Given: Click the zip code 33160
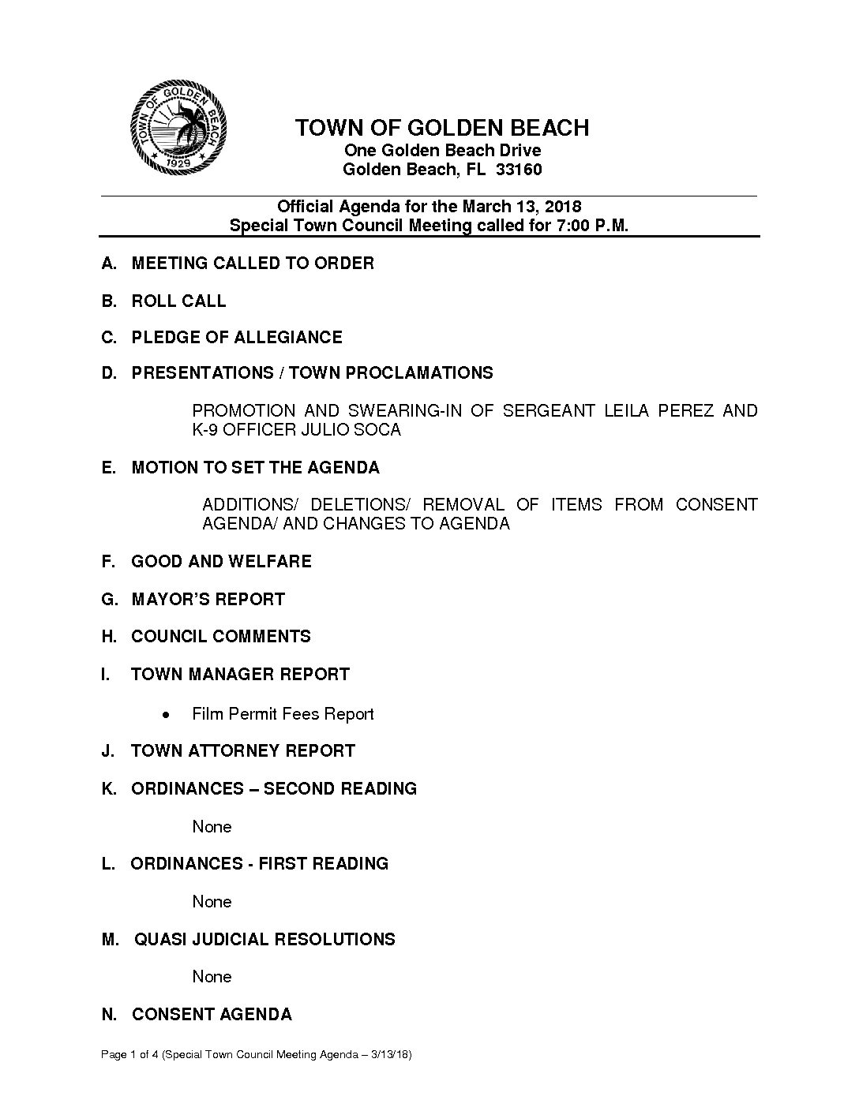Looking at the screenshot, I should coord(519,170).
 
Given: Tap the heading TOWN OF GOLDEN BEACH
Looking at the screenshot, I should coord(441,128).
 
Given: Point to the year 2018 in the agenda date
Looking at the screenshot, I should coord(562,207).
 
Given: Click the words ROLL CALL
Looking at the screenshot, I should coord(178,301).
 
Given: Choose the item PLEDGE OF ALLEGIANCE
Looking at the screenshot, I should coord(237,338).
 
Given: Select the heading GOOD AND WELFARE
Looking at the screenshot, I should coord(221,562).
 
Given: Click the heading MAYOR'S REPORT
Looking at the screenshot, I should coord(208,600).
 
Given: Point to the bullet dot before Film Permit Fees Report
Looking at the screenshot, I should coord(164,715).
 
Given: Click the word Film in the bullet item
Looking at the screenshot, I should coord(207,714).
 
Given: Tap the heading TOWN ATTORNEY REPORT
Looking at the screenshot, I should coord(242,751).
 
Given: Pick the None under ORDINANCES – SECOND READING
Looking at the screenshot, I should coord(212,827).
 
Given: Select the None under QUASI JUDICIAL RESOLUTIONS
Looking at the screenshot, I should coord(212,977).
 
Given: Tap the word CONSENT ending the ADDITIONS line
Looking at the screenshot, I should coord(716,505).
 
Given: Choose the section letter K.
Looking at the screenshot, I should coord(108,789).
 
